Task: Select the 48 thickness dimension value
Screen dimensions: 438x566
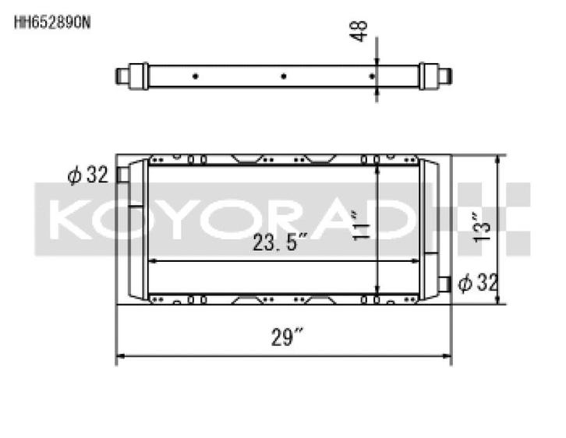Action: pos(361,30)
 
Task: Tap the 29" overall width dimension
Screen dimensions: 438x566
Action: pos(288,337)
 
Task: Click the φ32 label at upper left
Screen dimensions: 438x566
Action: pos(87,176)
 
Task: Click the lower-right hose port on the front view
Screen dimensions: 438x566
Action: pos(445,284)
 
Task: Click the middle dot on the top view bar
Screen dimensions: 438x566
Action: pos(284,76)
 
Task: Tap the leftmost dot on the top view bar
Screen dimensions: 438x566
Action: pos(195,76)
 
